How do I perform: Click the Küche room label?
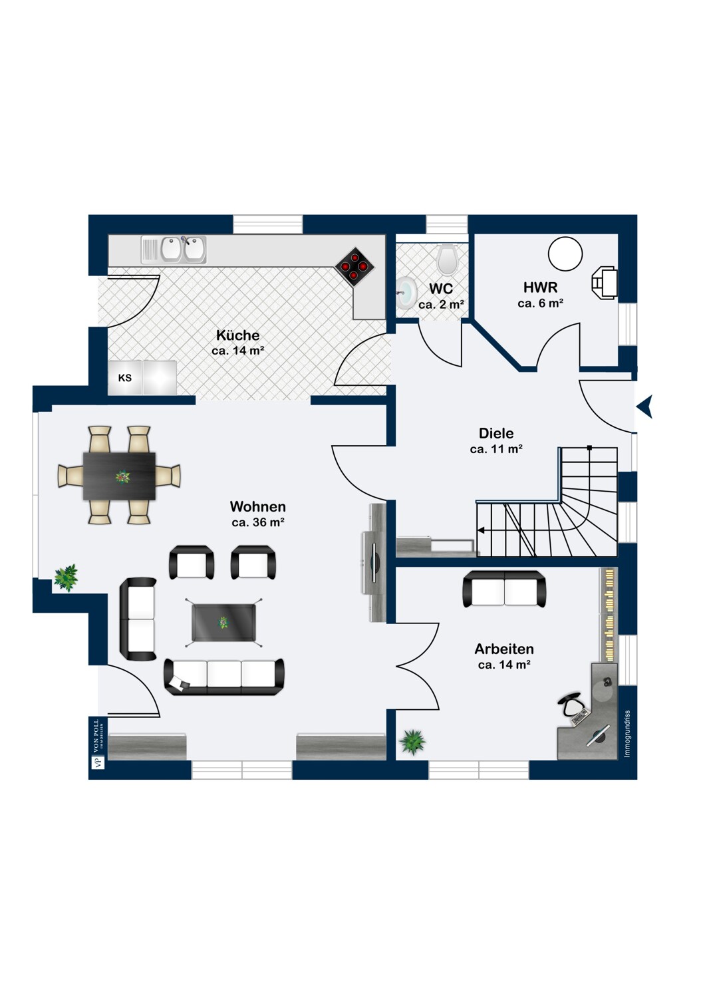coord(238,335)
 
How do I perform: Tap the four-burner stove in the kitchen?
coord(354,266)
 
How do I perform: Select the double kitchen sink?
coord(183,249)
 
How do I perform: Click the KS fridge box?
coord(124,378)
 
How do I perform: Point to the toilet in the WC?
coord(447,259)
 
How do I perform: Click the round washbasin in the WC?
coord(406,293)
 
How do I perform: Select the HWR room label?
coord(540,287)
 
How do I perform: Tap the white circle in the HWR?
coord(565,253)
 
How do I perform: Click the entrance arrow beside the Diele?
coord(644,407)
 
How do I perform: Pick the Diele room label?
coord(496,433)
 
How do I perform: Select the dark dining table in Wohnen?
coord(119,476)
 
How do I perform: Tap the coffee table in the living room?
coord(223,622)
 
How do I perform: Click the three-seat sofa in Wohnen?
coord(224,677)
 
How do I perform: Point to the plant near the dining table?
coord(66,578)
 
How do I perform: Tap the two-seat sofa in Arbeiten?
coord(504,589)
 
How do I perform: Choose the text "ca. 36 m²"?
coord(258,522)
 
